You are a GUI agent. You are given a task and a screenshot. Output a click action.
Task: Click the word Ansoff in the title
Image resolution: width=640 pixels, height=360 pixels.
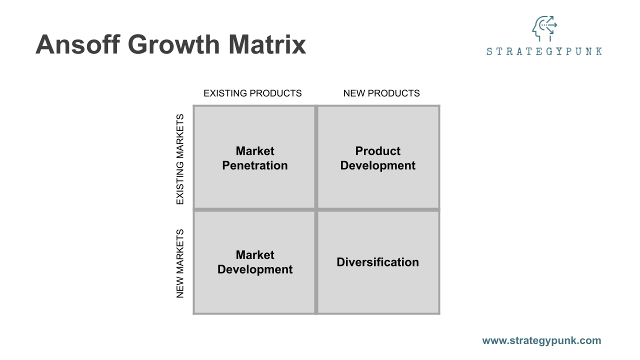pyautogui.click(x=76, y=44)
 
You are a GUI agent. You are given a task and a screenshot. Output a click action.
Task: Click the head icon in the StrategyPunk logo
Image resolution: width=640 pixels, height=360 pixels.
pyautogui.click(x=544, y=28)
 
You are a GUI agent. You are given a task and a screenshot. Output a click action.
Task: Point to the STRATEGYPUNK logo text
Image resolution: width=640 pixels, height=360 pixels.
pyautogui.click(x=544, y=51)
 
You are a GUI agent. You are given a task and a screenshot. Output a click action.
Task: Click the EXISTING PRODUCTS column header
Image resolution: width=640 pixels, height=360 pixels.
pyautogui.click(x=252, y=93)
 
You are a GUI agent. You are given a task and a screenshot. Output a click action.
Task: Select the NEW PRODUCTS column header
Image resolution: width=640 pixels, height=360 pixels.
pyautogui.click(x=381, y=93)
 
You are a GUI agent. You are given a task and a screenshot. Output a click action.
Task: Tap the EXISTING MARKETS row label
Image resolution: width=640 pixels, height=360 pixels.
pyautogui.click(x=180, y=159)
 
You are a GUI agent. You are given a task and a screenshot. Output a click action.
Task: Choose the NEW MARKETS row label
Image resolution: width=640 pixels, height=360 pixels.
pyautogui.click(x=180, y=263)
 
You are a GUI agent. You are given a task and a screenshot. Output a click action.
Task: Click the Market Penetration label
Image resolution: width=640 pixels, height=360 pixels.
pyautogui.click(x=255, y=158)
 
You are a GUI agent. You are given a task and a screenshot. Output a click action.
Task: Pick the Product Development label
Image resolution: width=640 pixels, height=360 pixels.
pyautogui.click(x=378, y=158)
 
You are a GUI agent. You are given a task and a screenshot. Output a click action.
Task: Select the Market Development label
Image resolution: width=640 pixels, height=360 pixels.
pyautogui.click(x=255, y=262)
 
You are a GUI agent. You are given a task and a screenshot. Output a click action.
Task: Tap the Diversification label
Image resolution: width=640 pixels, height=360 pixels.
pyautogui.click(x=378, y=262)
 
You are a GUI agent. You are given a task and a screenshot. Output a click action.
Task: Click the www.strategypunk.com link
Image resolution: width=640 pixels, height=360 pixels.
pyautogui.click(x=541, y=340)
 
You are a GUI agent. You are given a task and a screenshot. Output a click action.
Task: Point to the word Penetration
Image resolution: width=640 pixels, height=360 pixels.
pyautogui.click(x=255, y=165)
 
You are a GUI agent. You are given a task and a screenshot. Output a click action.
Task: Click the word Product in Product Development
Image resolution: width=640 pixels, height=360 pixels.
pyautogui.click(x=378, y=151)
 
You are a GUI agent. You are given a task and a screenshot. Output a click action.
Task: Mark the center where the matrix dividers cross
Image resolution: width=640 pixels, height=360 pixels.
pyautogui.click(x=316, y=209)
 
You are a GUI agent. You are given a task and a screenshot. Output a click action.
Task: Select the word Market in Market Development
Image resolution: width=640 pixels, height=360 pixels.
pyautogui.click(x=255, y=255)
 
